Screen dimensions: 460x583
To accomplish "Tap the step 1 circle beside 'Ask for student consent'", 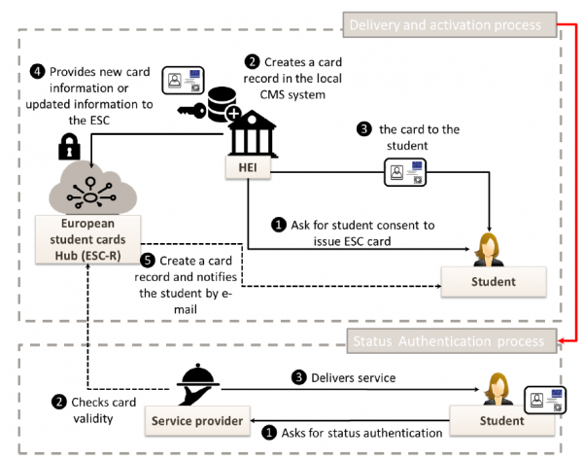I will point(280,225).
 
